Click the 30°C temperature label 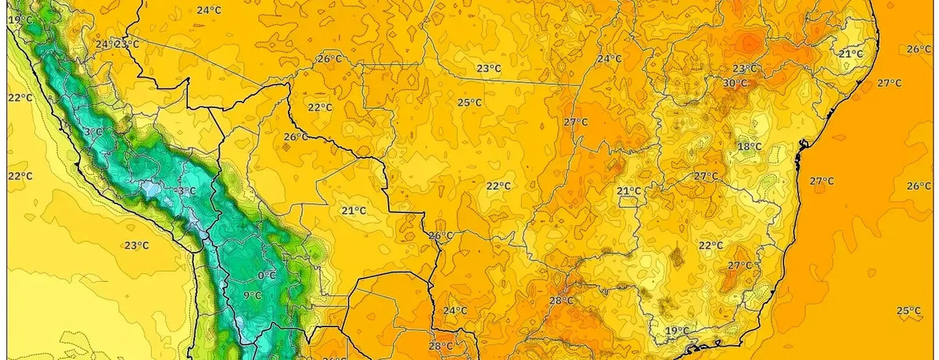735,83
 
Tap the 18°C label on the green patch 749,146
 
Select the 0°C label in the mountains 267,275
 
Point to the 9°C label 252,295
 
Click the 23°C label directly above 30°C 744,69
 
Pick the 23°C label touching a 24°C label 128,44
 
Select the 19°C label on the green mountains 20,19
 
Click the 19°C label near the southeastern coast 678,331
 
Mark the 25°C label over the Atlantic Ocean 908,311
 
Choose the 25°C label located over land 469,103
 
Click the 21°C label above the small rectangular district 629,191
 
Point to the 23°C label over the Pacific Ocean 136,246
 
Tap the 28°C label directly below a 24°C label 441,346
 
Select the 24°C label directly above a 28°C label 455,311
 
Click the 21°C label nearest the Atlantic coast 851,54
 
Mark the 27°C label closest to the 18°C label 705,176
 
